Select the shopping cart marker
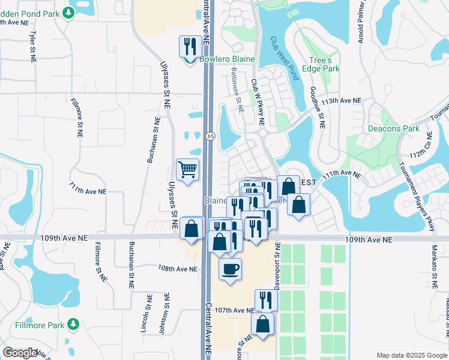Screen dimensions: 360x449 tap(187, 170)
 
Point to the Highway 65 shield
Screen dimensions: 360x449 tap(210, 136)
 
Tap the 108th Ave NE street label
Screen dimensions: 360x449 tap(178, 269)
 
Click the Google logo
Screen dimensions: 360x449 tap(20, 352)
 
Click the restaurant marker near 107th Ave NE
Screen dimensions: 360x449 tap(266, 300)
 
